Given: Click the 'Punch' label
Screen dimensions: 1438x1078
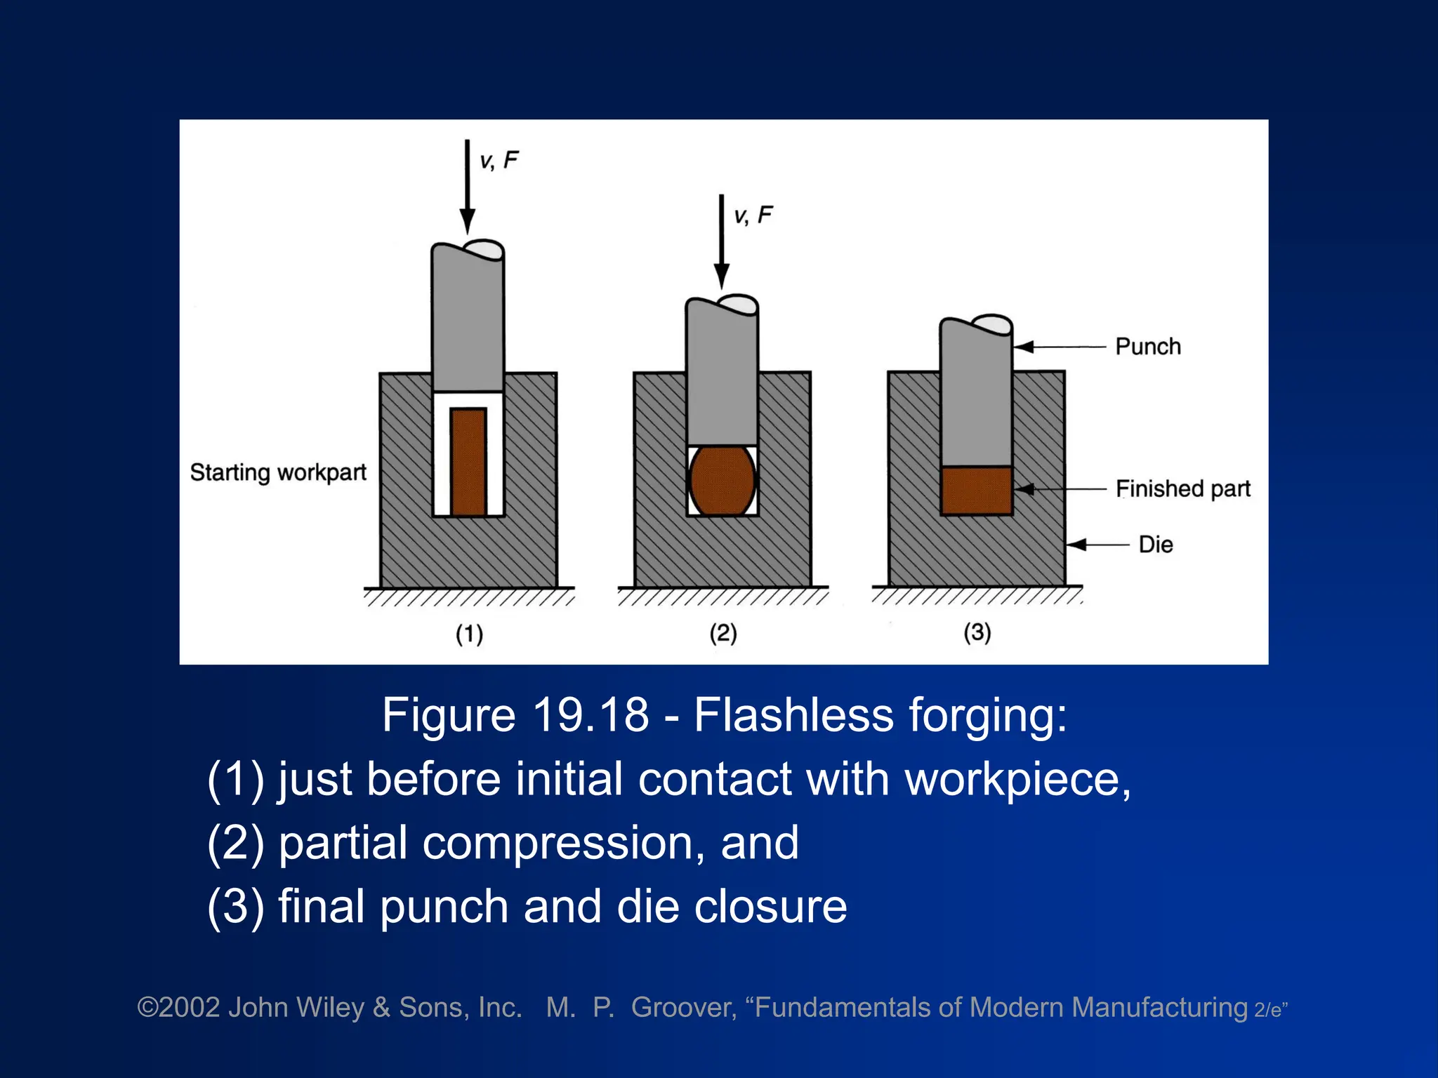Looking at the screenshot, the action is [x=1148, y=346].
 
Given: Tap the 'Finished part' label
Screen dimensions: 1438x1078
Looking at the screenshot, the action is [x=1183, y=488].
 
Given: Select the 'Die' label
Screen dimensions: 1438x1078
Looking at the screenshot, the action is [x=1156, y=545].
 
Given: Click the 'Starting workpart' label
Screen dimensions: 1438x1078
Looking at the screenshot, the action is [x=278, y=472].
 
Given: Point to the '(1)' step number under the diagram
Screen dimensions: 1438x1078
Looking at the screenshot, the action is [x=469, y=634].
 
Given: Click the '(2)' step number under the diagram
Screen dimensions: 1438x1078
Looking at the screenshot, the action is [x=723, y=633].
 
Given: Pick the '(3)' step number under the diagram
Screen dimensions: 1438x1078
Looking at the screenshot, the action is [x=977, y=632].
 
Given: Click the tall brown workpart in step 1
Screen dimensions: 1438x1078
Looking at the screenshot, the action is [x=468, y=462].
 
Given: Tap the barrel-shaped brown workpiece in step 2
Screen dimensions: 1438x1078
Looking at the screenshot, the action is [x=723, y=481].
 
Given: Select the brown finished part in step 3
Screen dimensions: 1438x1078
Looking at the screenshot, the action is [x=976, y=491].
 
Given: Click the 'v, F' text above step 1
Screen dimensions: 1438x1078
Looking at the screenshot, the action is [x=499, y=161].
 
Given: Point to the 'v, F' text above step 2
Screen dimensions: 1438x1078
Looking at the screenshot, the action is [x=753, y=215].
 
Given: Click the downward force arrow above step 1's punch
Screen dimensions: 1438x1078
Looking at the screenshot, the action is [x=468, y=187].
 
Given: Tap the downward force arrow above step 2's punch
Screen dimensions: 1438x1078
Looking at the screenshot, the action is [x=721, y=241].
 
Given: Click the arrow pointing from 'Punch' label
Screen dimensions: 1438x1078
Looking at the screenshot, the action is [x=1060, y=347].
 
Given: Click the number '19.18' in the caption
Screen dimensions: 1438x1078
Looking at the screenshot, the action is [x=591, y=715].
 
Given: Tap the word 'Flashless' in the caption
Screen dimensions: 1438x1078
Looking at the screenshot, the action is [x=793, y=715].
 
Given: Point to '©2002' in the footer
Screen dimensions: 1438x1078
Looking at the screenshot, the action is [x=178, y=1007].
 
